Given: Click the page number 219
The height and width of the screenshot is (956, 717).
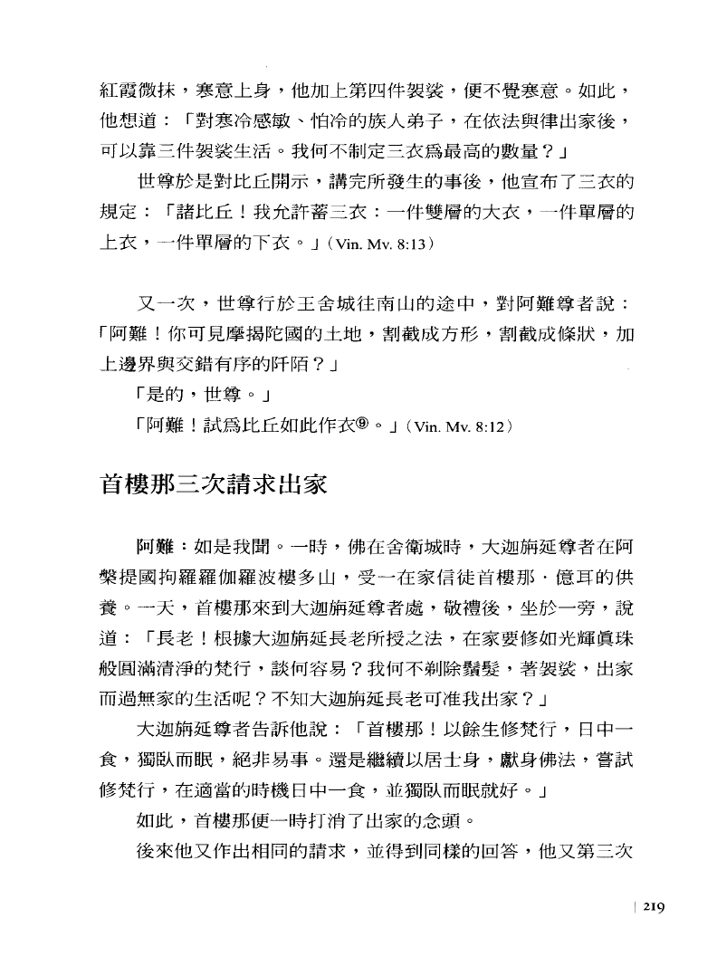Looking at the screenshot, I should click(654, 910).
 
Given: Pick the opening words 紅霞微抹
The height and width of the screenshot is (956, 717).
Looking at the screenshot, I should click(129, 91).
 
